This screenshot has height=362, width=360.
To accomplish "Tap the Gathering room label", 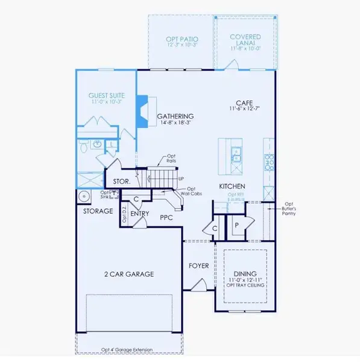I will click(x=175, y=116).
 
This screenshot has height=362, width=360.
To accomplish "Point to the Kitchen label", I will click(x=232, y=187).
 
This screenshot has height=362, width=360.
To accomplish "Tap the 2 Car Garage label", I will click(x=128, y=274).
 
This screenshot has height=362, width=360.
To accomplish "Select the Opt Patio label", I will click(x=182, y=40).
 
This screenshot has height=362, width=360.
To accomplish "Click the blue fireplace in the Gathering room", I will click(x=142, y=112).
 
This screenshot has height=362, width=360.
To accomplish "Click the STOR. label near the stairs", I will click(x=122, y=181).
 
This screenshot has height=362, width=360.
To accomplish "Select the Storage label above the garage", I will click(x=98, y=211).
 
